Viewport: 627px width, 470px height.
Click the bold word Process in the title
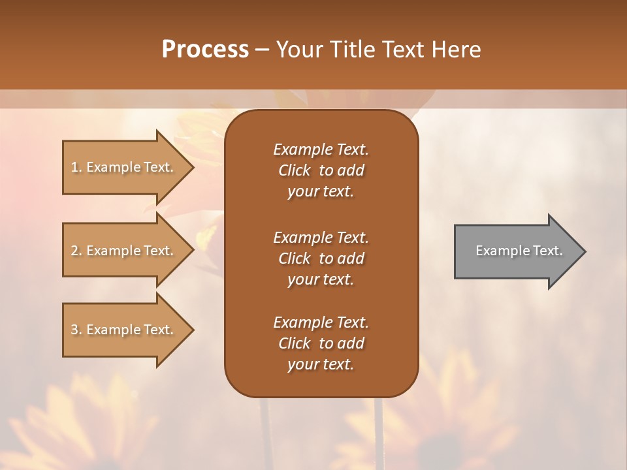click(205, 50)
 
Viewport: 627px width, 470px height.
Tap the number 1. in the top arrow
click(76, 167)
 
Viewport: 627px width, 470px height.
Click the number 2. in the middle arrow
click(76, 251)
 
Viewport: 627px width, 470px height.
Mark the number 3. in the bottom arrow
click(76, 330)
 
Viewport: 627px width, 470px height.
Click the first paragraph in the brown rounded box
click(321, 170)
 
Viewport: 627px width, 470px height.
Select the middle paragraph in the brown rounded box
click(321, 258)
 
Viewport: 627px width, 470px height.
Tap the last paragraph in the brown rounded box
click(321, 343)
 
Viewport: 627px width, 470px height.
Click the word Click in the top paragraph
click(295, 170)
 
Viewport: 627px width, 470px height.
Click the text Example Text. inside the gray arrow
click(519, 251)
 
